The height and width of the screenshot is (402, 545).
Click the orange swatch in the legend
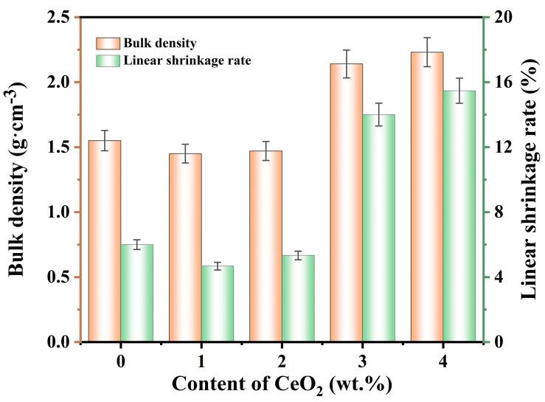[107, 43]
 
